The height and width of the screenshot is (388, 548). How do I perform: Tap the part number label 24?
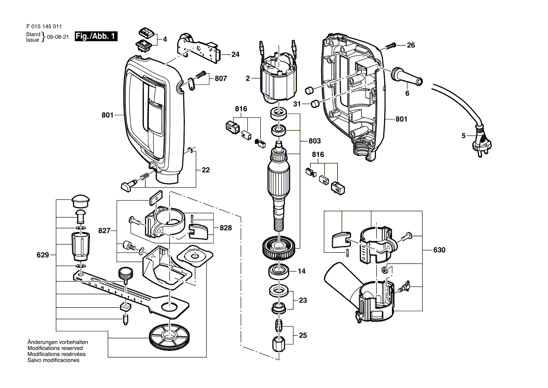point(235,55)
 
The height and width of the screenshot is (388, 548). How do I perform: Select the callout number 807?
point(221,79)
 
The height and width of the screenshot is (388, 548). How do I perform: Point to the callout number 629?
point(43,256)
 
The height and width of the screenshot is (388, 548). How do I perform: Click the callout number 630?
point(439,250)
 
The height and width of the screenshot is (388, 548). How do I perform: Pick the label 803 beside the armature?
point(314,141)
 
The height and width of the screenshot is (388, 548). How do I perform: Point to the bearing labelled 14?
point(279,272)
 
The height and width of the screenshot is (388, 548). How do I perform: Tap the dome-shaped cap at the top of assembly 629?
point(80,201)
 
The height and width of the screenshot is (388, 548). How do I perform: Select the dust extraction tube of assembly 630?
point(341,282)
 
